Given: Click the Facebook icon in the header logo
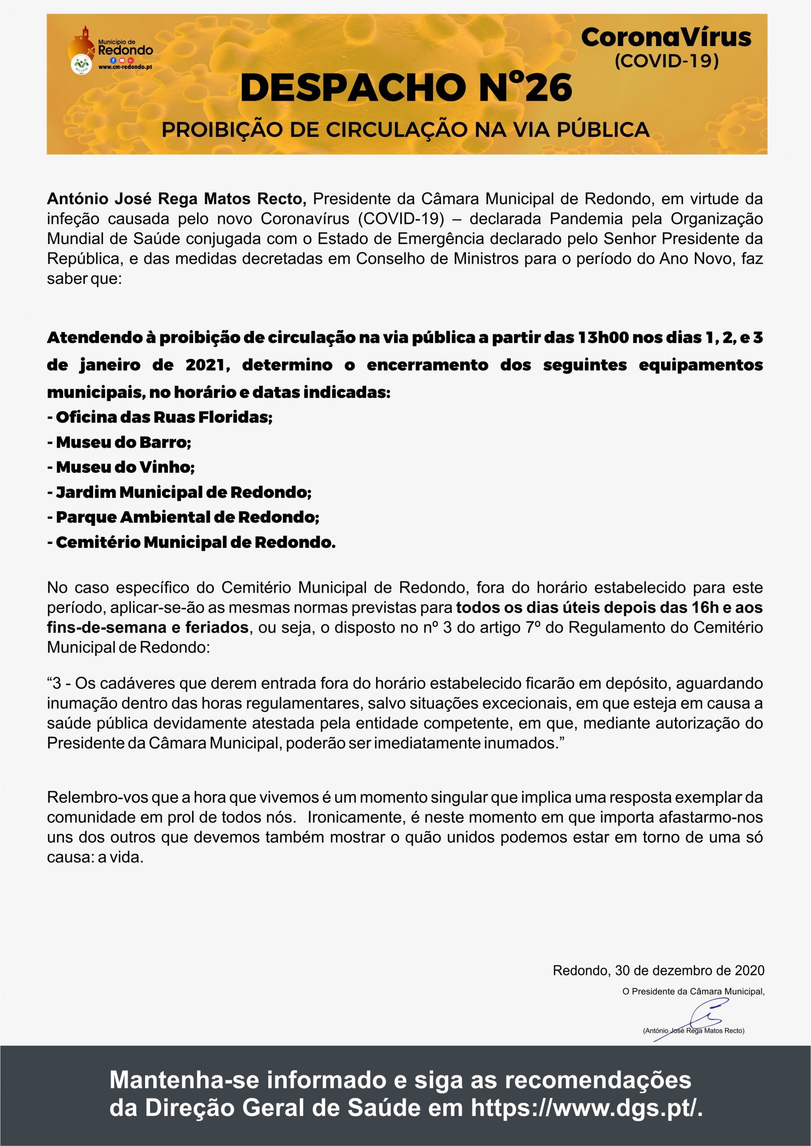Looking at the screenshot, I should point(113,60).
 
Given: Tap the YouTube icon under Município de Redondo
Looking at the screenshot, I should point(122,60).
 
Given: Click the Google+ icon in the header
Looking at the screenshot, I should point(131,60).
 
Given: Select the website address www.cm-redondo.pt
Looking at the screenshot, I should point(125,67).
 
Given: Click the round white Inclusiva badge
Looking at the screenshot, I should point(82,64).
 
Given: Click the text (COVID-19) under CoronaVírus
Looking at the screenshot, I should point(666,61).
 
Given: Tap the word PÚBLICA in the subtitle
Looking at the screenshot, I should point(603,130).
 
